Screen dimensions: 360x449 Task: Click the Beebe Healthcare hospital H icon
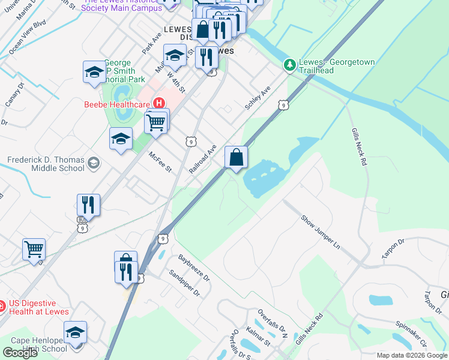point(159,103)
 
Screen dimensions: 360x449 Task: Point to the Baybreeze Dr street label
point(194,268)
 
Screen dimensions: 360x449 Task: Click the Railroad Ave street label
point(202,159)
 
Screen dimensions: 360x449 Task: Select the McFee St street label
point(160,161)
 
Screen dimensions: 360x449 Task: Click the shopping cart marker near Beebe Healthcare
point(156,122)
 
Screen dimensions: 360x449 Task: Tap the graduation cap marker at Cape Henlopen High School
point(76,332)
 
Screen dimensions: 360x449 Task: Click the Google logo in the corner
point(20,353)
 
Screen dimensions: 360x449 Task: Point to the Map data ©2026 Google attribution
point(411,355)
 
